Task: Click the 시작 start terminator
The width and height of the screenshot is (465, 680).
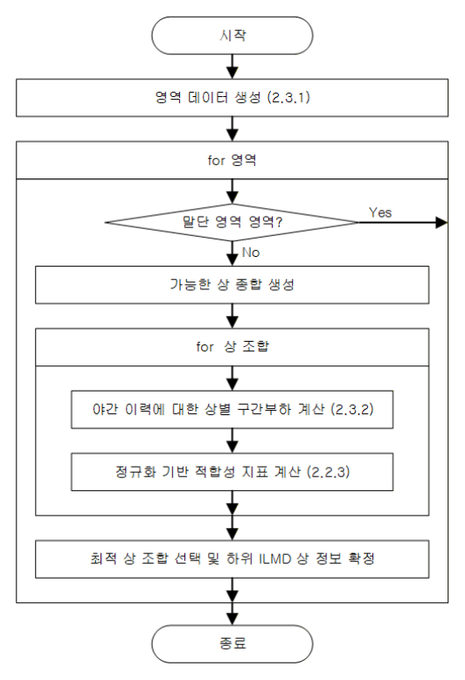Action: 232,36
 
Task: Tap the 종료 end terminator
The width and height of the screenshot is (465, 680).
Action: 232,643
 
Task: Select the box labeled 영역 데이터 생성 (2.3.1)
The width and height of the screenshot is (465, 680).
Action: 232,98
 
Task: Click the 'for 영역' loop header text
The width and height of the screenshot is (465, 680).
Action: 232,160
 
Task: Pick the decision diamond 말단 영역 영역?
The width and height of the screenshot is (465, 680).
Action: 232,222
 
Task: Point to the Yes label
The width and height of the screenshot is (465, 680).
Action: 380,212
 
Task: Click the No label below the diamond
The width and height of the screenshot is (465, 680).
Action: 251,253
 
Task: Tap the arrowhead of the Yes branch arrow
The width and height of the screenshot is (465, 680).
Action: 441,223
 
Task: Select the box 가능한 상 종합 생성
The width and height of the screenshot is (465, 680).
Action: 232,284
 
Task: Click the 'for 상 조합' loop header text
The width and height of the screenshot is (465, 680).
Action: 232,346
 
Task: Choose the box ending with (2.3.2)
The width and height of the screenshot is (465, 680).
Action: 232,409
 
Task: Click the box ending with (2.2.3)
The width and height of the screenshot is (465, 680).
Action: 232,472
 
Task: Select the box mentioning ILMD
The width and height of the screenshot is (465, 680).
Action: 232,559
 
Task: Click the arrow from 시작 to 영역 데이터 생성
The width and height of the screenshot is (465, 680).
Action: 232,66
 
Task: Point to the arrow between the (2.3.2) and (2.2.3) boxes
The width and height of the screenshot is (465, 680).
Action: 232,441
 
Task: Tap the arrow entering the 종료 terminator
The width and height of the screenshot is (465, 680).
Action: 232,614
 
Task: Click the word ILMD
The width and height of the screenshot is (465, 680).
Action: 274,559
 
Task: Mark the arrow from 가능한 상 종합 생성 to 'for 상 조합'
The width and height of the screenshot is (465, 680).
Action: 232,316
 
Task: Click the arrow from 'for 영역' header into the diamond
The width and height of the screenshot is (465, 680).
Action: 232,191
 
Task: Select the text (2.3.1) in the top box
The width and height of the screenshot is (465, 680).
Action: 289,97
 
